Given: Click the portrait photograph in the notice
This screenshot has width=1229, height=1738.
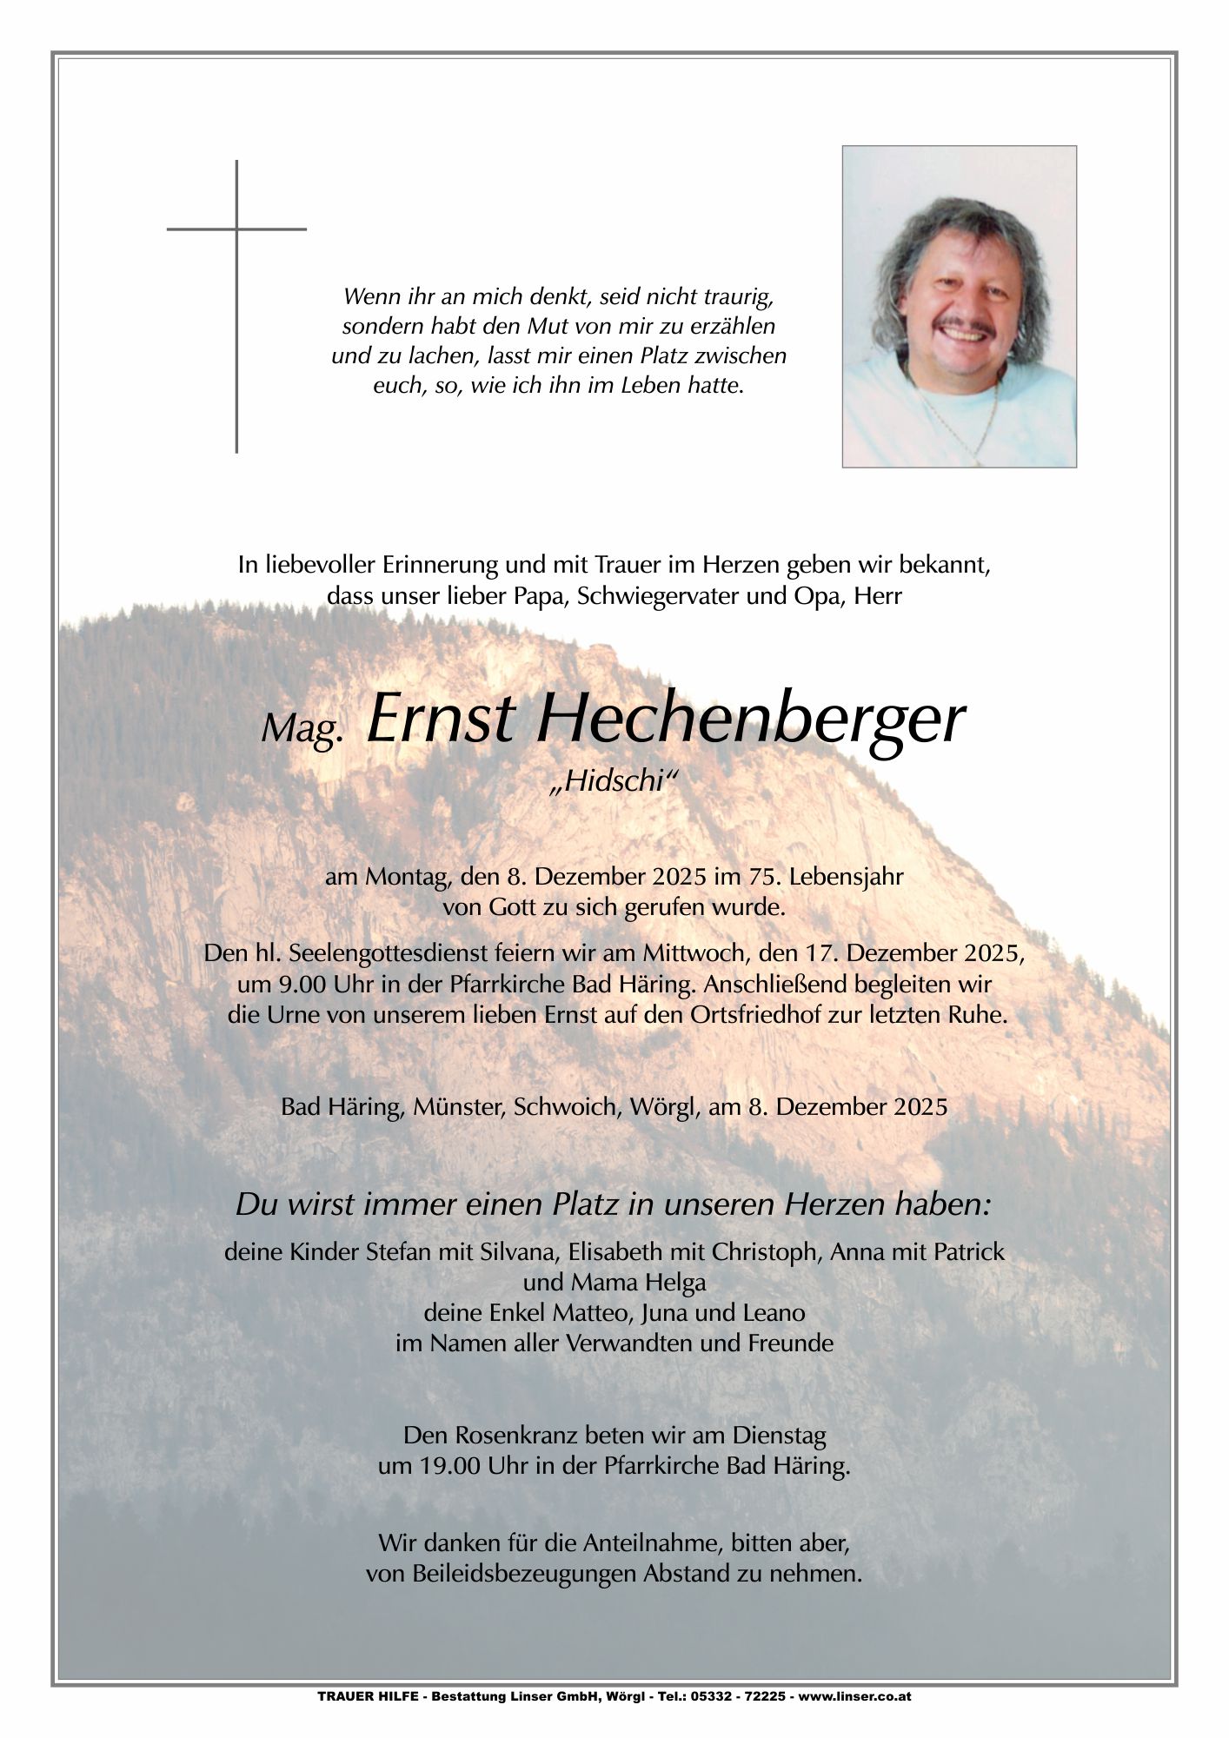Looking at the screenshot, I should click(959, 306).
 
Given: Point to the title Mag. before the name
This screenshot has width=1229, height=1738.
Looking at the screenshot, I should click(299, 733).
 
